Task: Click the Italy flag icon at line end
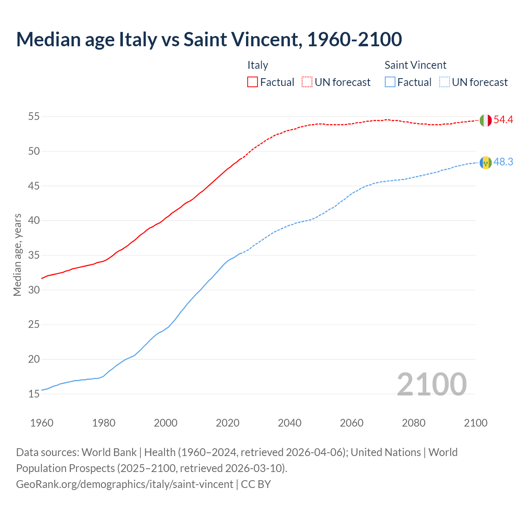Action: (x=486, y=120)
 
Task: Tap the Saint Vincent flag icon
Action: (x=486, y=163)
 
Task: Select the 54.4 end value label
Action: (x=503, y=120)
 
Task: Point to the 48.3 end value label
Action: (x=503, y=162)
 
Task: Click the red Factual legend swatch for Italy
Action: (x=253, y=82)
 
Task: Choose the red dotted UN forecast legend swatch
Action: (x=307, y=82)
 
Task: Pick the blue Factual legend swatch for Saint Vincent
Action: (x=390, y=82)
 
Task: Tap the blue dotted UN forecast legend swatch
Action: (x=444, y=82)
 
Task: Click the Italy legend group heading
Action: (x=257, y=65)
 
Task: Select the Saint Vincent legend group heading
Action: (x=415, y=65)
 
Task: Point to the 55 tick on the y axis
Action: (x=34, y=117)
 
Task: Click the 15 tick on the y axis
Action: (x=34, y=394)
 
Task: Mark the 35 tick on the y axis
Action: (x=34, y=255)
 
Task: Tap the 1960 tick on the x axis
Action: (x=42, y=423)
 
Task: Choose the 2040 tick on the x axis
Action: (x=289, y=423)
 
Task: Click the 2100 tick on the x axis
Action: (x=475, y=423)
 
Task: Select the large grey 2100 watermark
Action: (x=431, y=384)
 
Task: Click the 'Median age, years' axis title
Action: (x=17, y=255)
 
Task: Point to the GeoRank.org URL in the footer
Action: (x=125, y=484)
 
